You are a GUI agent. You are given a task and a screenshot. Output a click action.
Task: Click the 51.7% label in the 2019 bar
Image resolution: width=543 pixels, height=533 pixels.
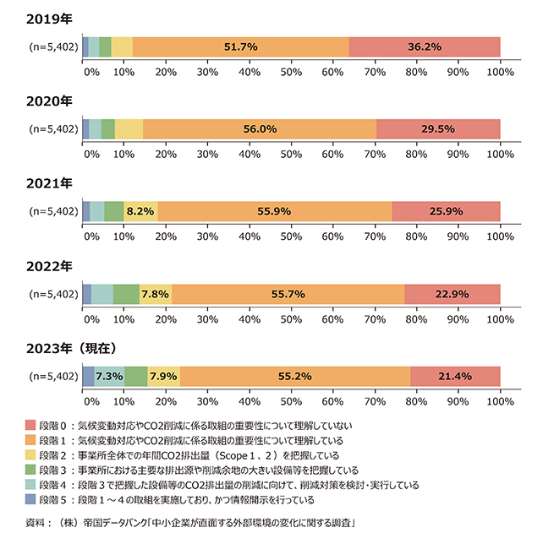(x=240, y=47)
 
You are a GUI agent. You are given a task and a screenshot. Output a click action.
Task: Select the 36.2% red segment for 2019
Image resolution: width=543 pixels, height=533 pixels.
(x=425, y=47)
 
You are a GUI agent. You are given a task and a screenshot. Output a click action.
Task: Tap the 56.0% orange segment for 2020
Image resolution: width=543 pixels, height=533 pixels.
(x=260, y=129)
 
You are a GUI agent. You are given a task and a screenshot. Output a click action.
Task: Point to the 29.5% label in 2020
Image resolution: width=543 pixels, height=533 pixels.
(x=438, y=129)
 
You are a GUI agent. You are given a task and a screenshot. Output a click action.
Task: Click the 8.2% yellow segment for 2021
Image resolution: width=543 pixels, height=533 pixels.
(x=140, y=212)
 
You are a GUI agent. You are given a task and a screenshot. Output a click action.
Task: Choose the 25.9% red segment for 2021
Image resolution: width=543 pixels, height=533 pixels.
(x=446, y=212)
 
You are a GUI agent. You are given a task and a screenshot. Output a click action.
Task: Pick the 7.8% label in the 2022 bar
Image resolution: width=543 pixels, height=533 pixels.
(x=155, y=294)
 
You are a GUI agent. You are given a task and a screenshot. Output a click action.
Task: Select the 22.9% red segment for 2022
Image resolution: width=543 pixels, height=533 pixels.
(x=452, y=294)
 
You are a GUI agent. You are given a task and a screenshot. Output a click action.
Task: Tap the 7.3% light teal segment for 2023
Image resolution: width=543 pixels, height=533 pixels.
(x=110, y=377)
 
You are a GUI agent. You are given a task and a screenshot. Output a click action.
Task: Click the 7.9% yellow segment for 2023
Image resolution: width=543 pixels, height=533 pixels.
(x=163, y=377)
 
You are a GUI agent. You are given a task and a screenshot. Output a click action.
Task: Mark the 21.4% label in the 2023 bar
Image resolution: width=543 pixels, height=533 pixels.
(x=455, y=377)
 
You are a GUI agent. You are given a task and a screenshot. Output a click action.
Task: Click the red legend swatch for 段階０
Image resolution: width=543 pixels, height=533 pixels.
(x=32, y=426)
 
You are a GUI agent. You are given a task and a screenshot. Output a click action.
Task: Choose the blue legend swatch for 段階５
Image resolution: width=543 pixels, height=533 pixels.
(x=32, y=502)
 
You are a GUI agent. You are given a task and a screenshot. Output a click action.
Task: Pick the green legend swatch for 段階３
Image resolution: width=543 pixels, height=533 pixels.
(x=32, y=471)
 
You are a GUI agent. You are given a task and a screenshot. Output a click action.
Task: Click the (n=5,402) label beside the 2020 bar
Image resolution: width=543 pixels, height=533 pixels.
(x=54, y=129)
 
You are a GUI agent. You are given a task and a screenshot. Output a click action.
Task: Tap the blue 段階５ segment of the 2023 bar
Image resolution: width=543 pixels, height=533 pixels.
(x=88, y=377)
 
